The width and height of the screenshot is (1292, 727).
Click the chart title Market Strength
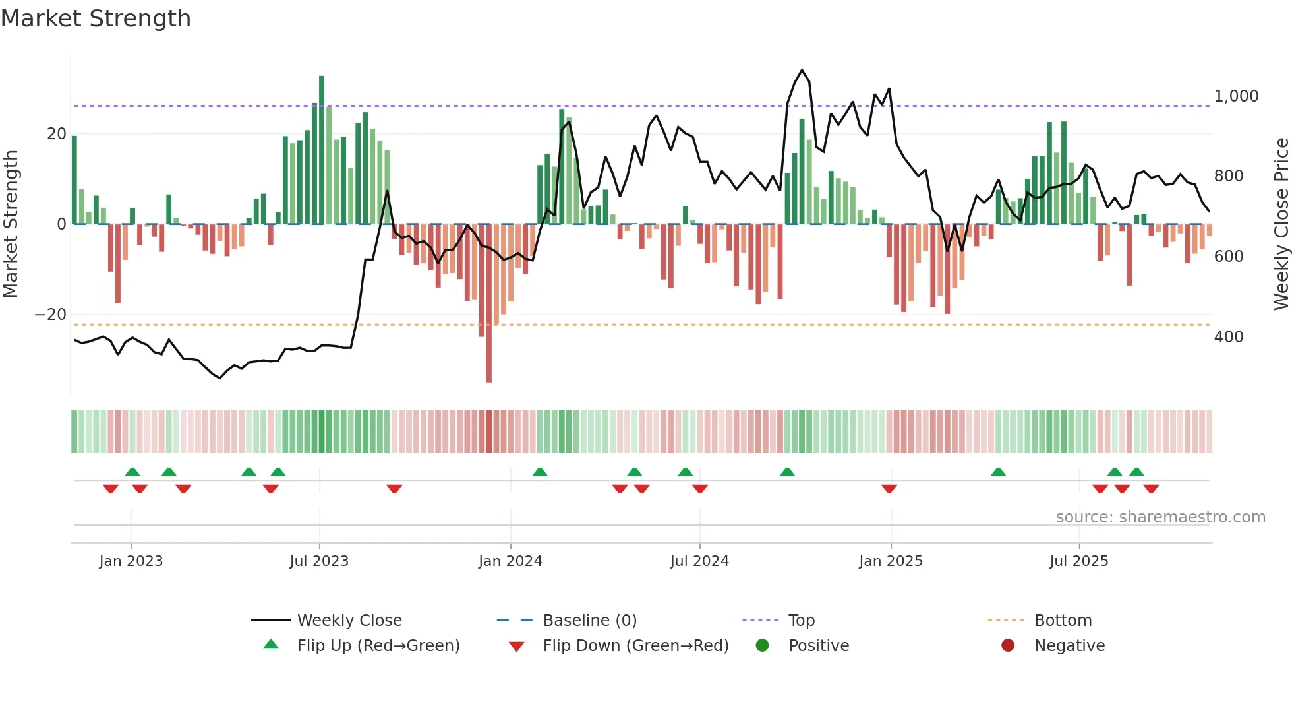coord(96,18)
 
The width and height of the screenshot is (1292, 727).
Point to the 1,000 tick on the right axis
coord(1236,96)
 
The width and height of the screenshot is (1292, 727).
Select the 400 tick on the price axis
coord(1229,337)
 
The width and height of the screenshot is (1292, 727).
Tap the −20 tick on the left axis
coord(51,315)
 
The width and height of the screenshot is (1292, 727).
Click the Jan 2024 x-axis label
coord(510,561)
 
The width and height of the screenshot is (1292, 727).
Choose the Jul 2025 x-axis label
coord(1078,561)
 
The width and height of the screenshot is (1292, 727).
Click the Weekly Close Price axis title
coord(1281,224)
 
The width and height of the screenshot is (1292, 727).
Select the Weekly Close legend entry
coord(349,621)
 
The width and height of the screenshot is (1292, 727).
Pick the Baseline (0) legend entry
coord(589,621)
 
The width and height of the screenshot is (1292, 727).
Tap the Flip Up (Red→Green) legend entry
coord(378,646)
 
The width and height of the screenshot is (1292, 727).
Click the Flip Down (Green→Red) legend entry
coord(635,646)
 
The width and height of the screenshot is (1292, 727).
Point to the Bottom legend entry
coord(1063,621)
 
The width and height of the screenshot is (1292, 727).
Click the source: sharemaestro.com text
coord(1160,517)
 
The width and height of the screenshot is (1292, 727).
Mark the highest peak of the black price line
coord(802,70)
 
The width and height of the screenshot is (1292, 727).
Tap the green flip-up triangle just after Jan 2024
coord(540,472)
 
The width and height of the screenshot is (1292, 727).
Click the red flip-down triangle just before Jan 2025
coord(889,489)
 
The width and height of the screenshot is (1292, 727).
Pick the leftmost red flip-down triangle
coord(111,489)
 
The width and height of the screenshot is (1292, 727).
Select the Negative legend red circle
coord(1008,646)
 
